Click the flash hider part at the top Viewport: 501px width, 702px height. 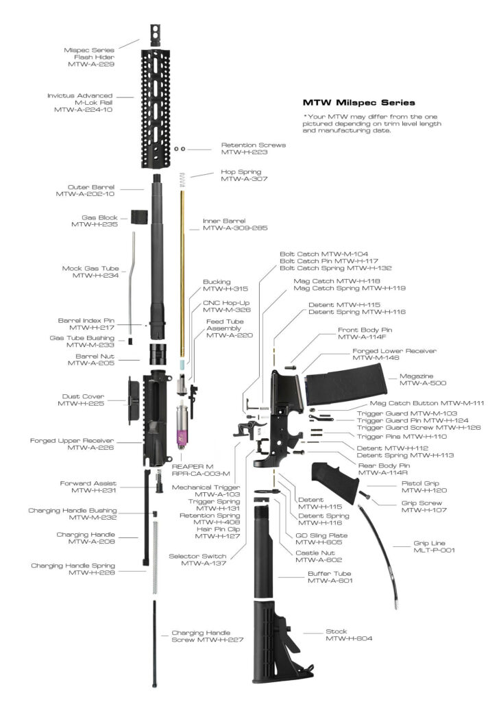[155, 35]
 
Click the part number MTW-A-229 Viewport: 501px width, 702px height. [91, 64]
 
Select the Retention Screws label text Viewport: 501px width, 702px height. [253, 145]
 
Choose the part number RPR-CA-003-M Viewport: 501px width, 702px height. [200, 474]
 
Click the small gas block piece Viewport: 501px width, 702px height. [140, 216]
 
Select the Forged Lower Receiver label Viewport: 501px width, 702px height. [394, 350]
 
